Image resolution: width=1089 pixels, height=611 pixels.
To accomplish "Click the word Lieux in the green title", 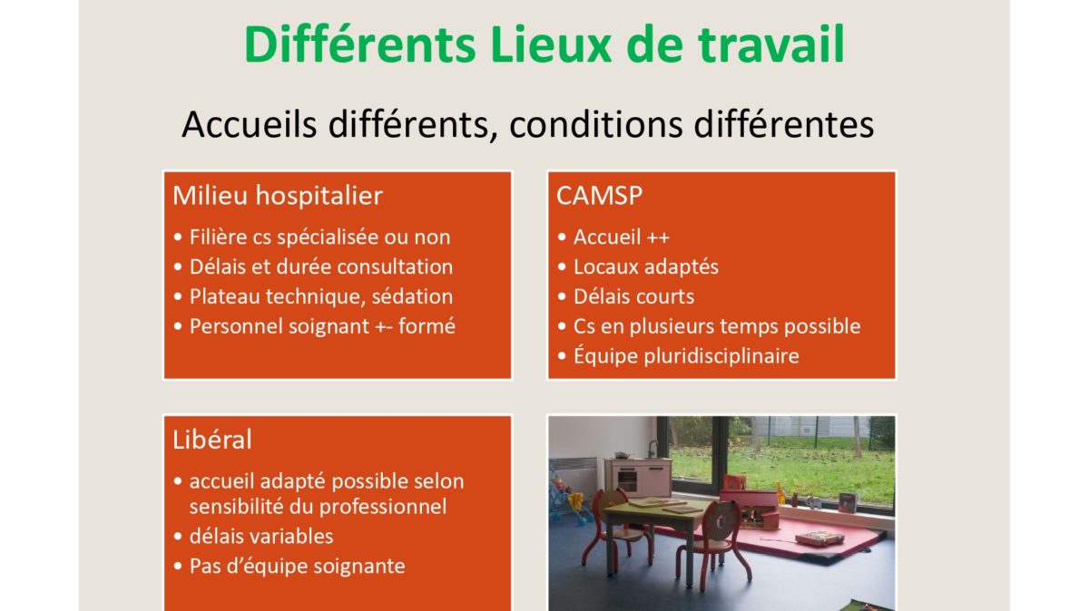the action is click(x=550, y=44).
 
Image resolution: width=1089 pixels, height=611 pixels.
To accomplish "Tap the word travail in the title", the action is click(x=771, y=44).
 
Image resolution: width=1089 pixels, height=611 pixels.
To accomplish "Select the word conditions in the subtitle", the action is click(x=596, y=124).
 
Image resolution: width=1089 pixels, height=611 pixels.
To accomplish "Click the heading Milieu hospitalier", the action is click(x=278, y=196).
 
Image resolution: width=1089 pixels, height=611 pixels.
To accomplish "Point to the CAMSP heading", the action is click(x=599, y=196).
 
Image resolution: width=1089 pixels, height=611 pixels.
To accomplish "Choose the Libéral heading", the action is click(x=212, y=440).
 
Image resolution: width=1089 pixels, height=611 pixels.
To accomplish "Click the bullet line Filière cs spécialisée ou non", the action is click(x=319, y=238).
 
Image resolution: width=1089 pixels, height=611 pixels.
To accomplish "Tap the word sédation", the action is click(x=412, y=296).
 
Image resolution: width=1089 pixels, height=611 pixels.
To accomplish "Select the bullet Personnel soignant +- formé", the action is click(x=322, y=326).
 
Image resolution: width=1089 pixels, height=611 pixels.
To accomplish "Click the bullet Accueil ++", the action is click(x=622, y=237).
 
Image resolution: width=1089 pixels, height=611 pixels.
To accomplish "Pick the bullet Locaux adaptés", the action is click(x=645, y=267).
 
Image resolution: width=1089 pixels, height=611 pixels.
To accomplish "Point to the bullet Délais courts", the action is click(x=634, y=296).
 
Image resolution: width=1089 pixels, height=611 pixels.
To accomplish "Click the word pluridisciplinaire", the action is click(x=721, y=356).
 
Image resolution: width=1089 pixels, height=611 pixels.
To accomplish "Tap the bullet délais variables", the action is click(x=261, y=537).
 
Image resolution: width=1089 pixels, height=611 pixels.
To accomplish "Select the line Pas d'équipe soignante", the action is click(x=297, y=567).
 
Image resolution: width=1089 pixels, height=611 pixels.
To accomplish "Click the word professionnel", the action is click(x=383, y=507).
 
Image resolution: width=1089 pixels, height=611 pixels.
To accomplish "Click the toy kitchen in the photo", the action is click(x=637, y=475).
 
